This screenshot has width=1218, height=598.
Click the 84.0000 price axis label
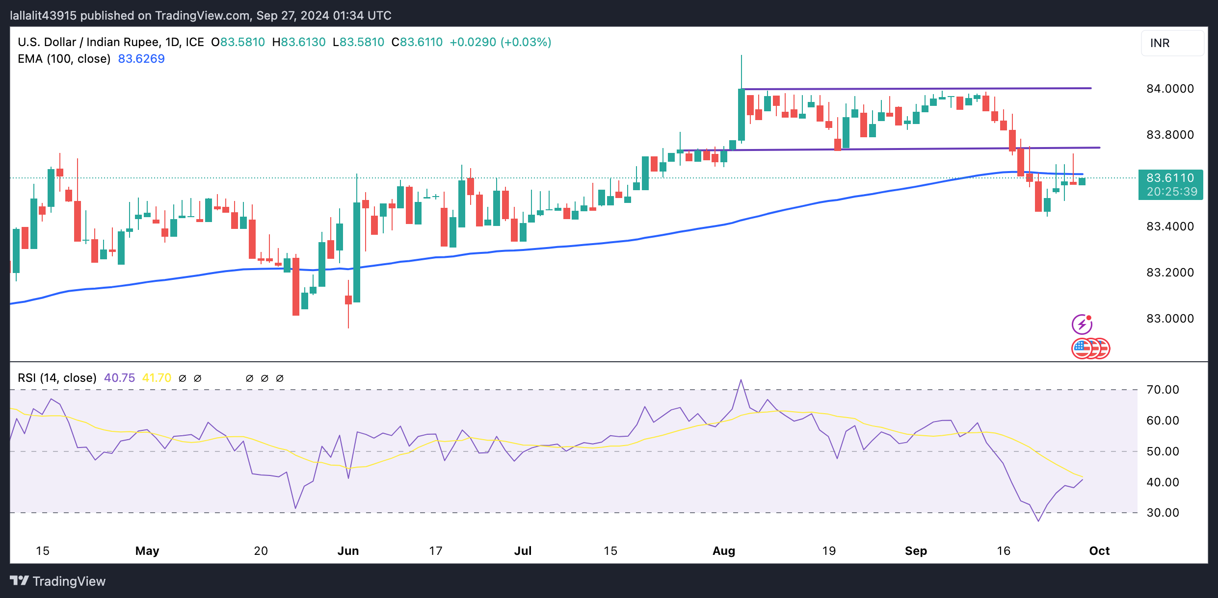click(1169, 89)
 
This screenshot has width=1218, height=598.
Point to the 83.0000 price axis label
click(1169, 319)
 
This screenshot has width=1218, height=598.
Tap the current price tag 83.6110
click(1170, 178)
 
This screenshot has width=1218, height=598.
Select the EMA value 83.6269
click(141, 59)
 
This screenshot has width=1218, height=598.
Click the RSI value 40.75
click(119, 378)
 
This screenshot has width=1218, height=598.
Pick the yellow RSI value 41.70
click(157, 378)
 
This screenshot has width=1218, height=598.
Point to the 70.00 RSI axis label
click(1163, 390)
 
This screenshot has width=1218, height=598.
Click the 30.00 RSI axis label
click(1163, 513)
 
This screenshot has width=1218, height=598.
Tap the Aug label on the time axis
click(724, 551)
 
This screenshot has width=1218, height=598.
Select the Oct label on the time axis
click(1099, 551)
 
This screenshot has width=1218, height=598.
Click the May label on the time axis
click(147, 551)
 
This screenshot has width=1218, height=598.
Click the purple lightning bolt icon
click(1082, 324)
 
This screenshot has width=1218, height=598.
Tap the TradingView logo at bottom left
click(58, 581)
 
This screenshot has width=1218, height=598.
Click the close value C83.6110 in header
click(417, 42)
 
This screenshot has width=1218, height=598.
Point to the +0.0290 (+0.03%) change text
click(500, 42)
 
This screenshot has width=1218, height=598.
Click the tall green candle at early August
click(741, 115)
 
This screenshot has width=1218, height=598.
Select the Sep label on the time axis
click(916, 551)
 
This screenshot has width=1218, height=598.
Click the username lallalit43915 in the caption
click(43, 16)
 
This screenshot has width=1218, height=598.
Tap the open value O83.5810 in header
click(238, 42)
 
